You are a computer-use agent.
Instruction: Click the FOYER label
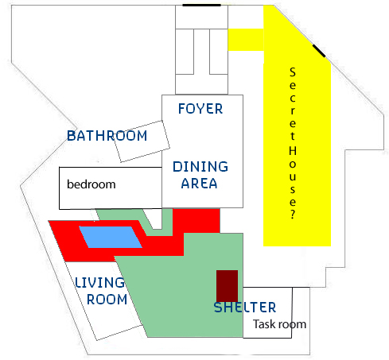coord(200,109)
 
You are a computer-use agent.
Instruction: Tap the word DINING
coord(200,167)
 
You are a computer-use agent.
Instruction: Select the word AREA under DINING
coord(199,184)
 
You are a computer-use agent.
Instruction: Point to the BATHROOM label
coord(107,136)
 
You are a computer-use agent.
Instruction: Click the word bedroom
coord(91,184)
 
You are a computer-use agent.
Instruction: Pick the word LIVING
coord(99,283)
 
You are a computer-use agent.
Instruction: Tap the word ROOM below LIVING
coord(107,300)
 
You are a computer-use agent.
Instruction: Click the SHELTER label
coord(245,308)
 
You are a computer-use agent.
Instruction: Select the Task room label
coord(280,324)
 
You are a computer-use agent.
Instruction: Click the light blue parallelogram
coord(111,237)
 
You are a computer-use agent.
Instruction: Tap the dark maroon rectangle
coord(227,286)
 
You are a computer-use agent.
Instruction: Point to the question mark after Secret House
coord(293,214)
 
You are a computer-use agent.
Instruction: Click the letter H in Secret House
coord(293,151)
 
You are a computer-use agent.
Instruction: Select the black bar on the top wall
coord(201,5)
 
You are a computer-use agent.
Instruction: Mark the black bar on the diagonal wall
coord(319,51)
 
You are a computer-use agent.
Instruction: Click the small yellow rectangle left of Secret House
coord(246,40)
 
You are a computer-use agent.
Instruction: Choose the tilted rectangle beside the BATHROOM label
coord(142,141)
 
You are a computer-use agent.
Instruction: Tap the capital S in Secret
coord(293,72)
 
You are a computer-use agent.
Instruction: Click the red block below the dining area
coord(196,221)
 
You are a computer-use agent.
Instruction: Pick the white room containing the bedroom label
coord(111,188)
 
